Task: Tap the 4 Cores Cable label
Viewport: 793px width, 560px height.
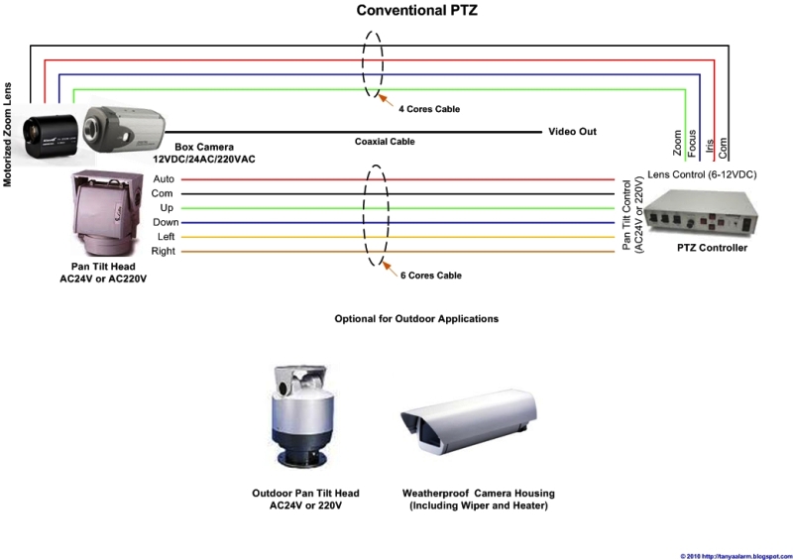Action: click(x=429, y=108)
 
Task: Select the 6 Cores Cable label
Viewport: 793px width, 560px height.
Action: click(x=430, y=275)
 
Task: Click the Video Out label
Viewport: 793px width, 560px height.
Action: click(x=572, y=131)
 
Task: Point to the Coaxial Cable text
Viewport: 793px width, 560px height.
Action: click(x=385, y=142)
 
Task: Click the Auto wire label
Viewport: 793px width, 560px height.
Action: click(x=164, y=178)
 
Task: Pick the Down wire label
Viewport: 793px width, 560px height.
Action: click(x=166, y=223)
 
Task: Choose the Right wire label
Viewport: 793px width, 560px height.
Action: click(x=164, y=252)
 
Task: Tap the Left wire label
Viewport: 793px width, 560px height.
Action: click(x=167, y=237)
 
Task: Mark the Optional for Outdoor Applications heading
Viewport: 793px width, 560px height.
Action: click(x=415, y=320)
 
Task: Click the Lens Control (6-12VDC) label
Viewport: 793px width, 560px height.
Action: click(x=702, y=174)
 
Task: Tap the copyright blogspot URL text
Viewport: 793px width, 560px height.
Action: click(x=735, y=555)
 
